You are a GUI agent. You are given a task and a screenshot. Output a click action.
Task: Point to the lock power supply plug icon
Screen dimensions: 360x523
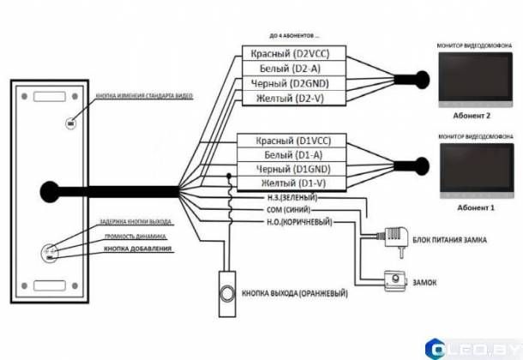[x=395, y=234]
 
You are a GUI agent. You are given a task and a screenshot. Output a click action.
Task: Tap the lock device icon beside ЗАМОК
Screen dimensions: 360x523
[x=394, y=279]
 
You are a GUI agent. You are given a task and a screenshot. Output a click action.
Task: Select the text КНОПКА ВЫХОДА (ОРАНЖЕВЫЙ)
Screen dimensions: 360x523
[x=295, y=291]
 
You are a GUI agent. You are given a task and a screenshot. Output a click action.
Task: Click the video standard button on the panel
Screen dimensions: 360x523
[x=69, y=123]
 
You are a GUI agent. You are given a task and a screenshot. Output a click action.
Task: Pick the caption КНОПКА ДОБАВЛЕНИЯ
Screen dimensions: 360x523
[x=137, y=249]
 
